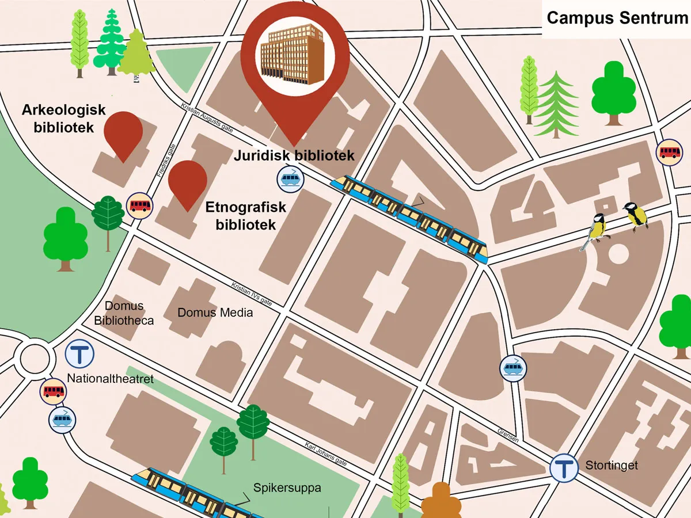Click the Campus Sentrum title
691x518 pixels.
point(617,18)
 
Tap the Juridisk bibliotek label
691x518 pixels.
point(294,155)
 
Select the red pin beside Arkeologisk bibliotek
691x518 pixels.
point(123,132)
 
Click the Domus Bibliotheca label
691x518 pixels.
point(124,313)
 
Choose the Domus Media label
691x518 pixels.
point(215,313)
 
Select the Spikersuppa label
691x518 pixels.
point(287,488)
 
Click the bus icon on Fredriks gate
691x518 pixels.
point(140,205)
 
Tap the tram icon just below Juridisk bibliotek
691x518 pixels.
point(290,179)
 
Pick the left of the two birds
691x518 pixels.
point(597,229)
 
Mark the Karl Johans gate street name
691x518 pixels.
point(326,453)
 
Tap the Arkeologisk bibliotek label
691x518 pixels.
point(63,119)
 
